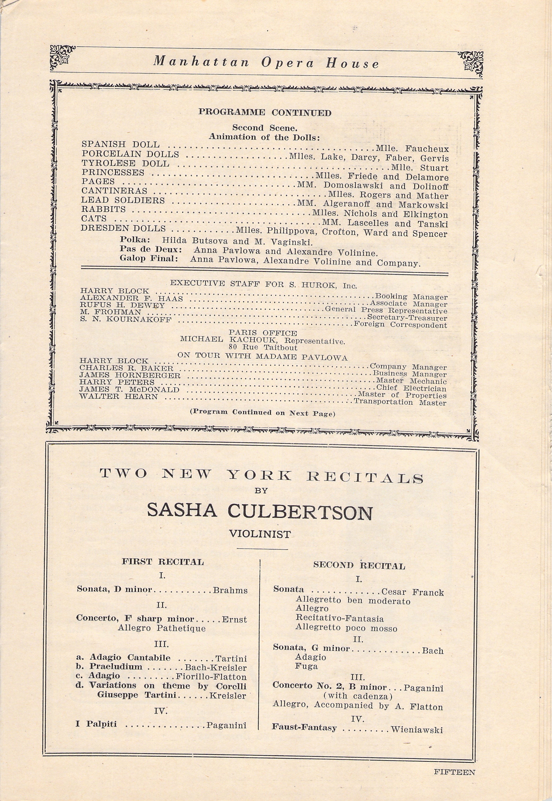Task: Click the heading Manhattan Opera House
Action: click(266, 63)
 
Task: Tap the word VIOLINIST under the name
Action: click(260, 534)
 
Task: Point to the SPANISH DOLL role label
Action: click(120, 144)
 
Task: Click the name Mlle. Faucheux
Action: click(412, 149)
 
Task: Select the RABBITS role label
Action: click(104, 209)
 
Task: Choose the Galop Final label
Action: click(149, 258)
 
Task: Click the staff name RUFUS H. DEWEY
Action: click(123, 305)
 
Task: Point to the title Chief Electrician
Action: click(411, 388)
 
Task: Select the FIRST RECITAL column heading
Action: click(162, 562)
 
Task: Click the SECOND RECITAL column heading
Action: click(359, 565)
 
